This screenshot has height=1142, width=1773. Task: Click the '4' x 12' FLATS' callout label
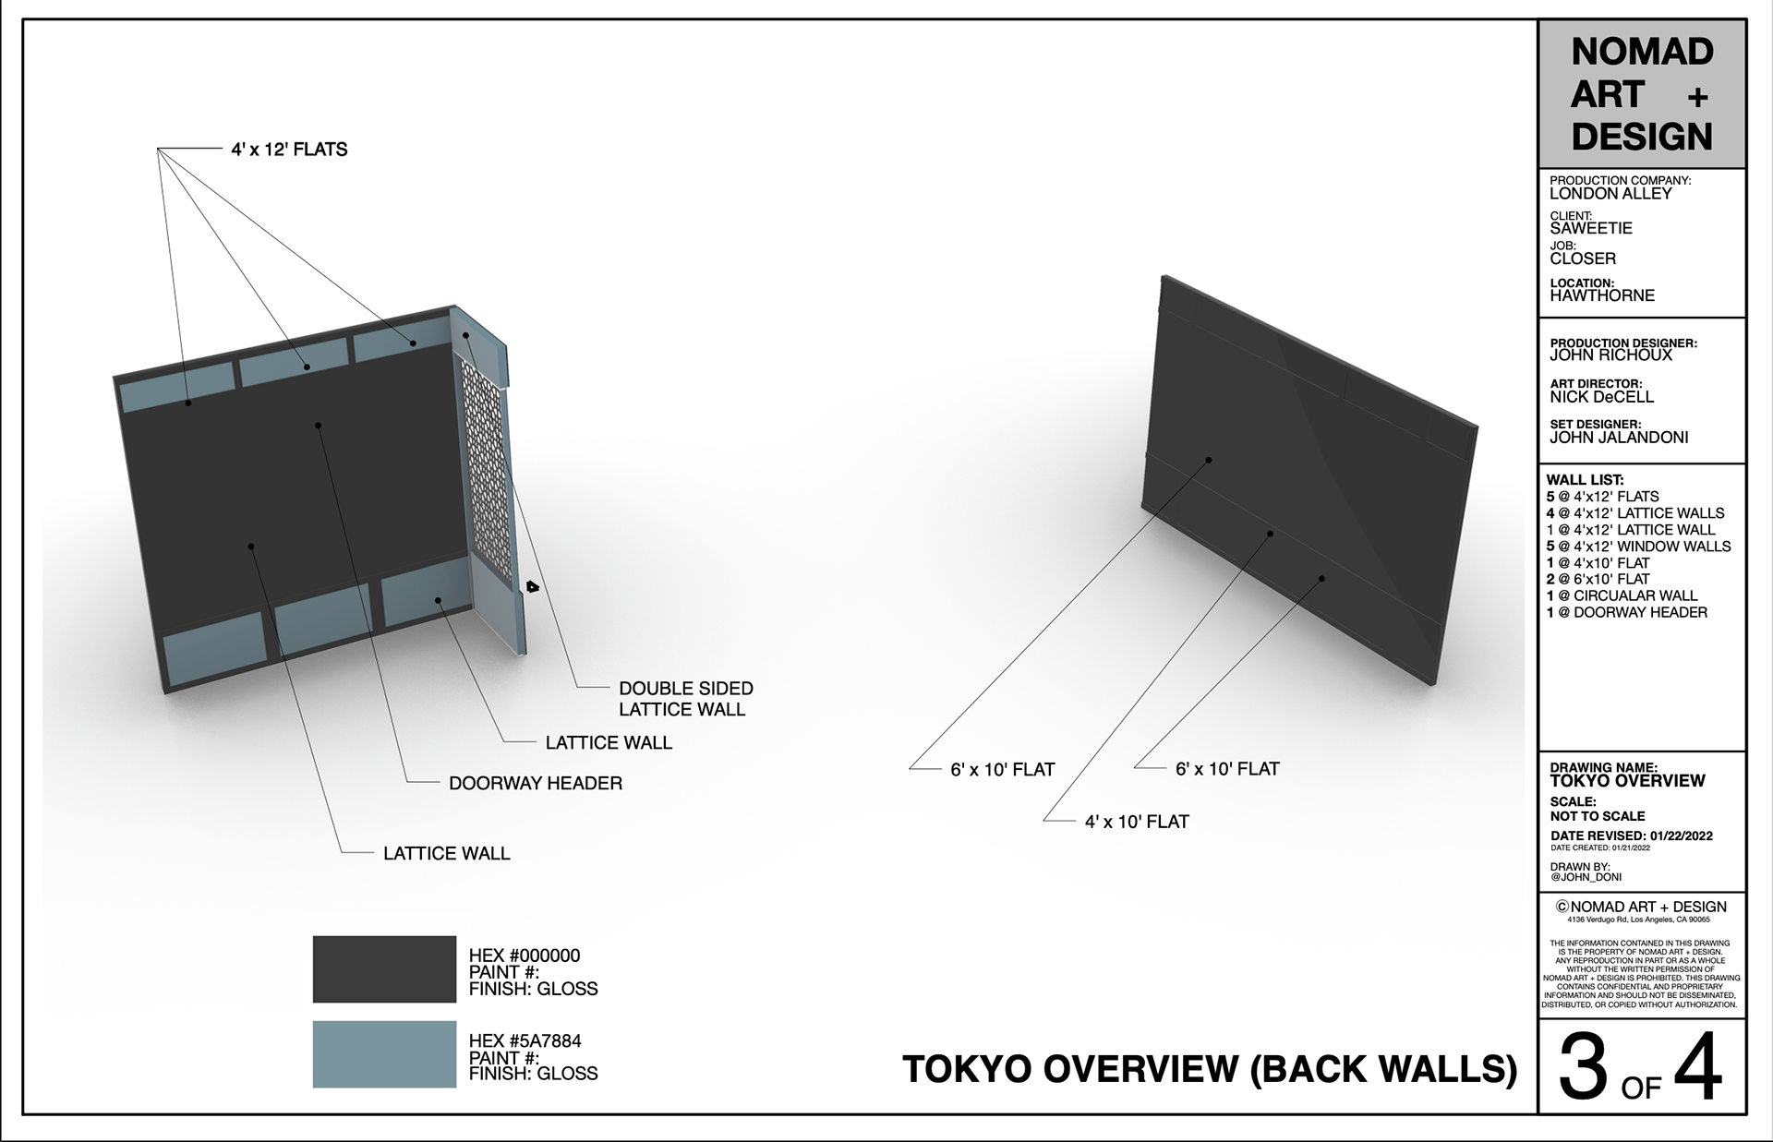(x=289, y=150)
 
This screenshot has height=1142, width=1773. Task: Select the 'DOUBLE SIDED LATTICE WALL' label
(x=684, y=699)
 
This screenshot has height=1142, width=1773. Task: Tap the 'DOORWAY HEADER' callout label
(x=536, y=784)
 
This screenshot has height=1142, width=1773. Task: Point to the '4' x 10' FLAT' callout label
(x=1137, y=822)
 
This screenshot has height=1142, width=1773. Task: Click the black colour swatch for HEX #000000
(x=384, y=969)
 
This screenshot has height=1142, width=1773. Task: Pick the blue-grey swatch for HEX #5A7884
(x=384, y=1053)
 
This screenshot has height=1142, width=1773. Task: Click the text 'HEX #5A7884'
(x=525, y=1041)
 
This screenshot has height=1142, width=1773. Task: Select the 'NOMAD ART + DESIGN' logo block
(x=1641, y=94)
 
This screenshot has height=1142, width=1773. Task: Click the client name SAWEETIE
(x=1591, y=228)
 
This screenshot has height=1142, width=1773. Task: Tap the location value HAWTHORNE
(x=1602, y=296)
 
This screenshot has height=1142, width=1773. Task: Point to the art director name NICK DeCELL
(x=1601, y=397)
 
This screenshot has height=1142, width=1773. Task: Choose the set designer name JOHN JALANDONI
(x=1619, y=438)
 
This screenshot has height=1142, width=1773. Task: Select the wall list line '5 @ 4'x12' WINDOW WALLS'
(x=1638, y=547)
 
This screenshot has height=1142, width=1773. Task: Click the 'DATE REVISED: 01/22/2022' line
(x=1631, y=836)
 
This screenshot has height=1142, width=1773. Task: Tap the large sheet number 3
(x=1583, y=1069)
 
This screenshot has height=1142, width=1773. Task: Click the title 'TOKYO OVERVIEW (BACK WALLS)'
(x=1209, y=1069)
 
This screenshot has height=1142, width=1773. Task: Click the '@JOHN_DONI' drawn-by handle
(x=1586, y=878)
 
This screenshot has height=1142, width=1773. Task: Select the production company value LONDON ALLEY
(x=1610, y=194)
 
